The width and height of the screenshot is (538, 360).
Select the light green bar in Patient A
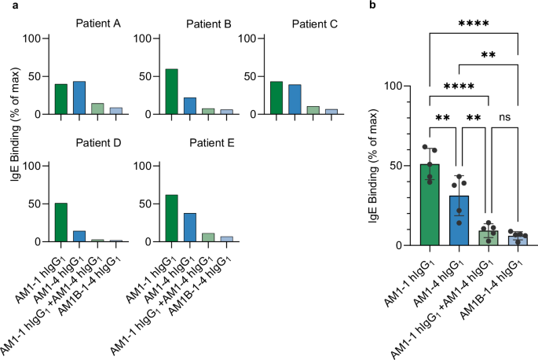pyautogui.click(x=97, y=108)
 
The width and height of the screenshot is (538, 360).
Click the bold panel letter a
pyautogui.click(x=5, y=6)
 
